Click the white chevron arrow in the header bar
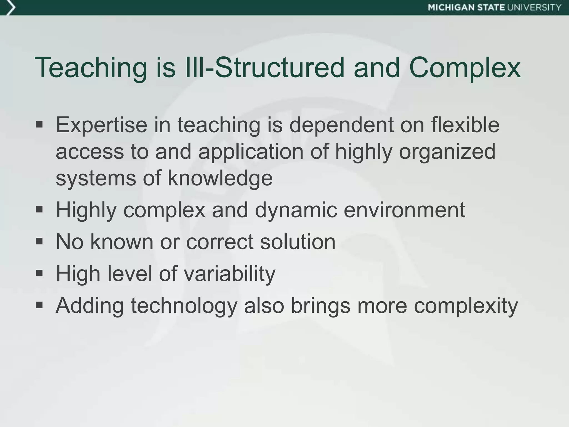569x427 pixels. (11, 8)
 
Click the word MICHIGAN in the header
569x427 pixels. (451, 8)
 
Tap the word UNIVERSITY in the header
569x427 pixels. (534, 8)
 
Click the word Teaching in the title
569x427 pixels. (91, 68)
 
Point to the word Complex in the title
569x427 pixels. (465, 68)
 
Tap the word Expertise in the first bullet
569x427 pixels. (101, 125)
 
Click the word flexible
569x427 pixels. (465, 125)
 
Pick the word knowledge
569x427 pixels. (220, 178)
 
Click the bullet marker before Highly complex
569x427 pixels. (39, 209)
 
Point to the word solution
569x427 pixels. (298, 242)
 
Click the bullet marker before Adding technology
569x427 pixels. (39, 305)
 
